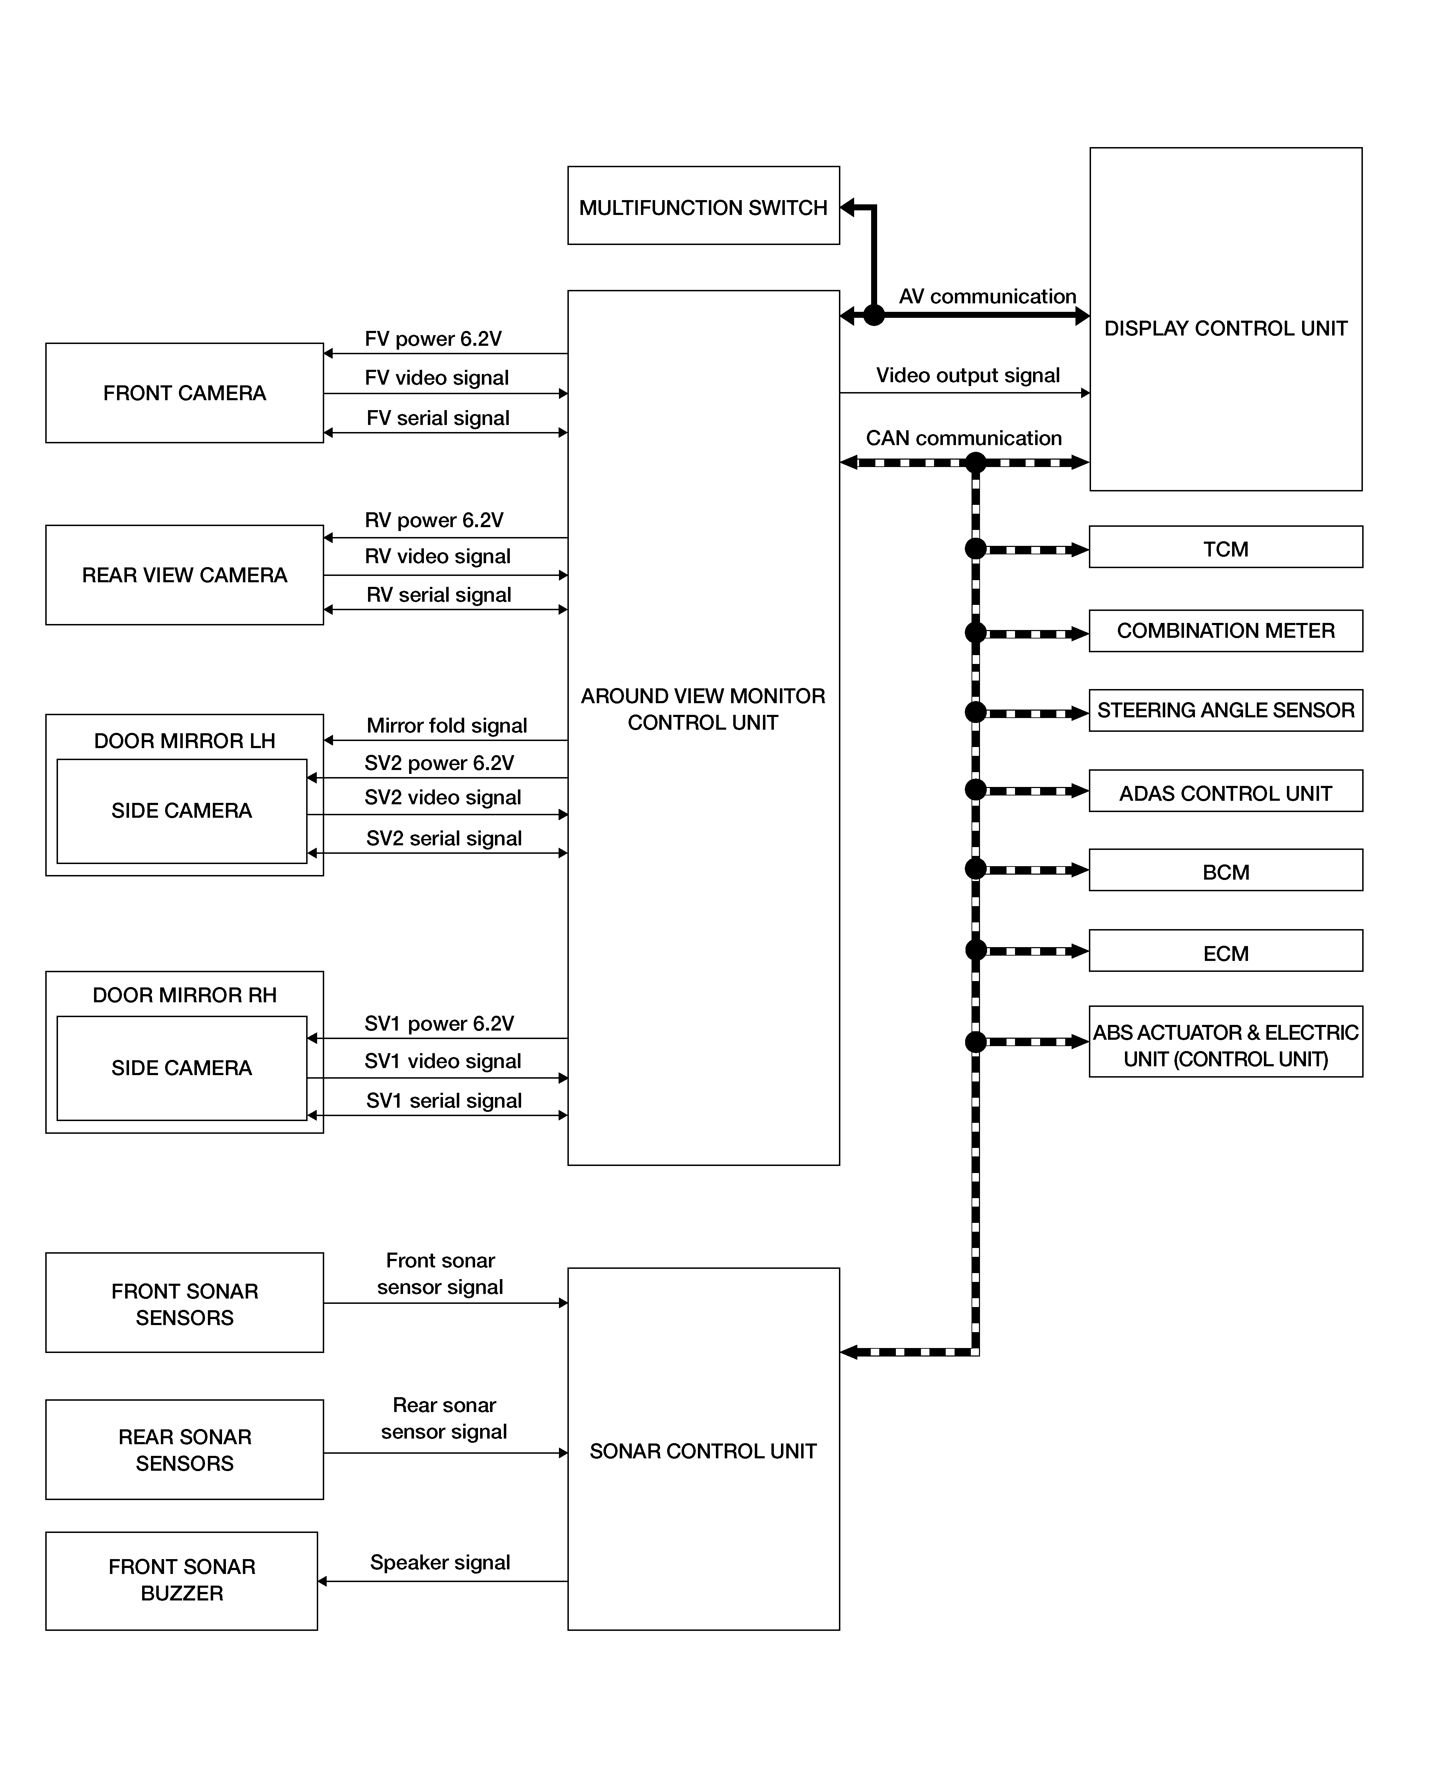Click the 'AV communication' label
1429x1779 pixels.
point(987,296)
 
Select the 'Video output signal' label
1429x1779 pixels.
point(968,375)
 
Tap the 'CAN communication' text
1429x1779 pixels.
point(964,438)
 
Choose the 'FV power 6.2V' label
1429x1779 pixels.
point(433,338)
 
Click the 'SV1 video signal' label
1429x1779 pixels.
point(443,1061)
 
